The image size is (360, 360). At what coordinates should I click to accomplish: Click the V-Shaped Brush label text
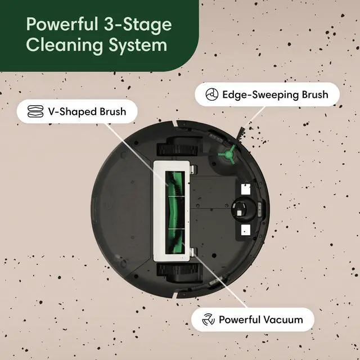87,111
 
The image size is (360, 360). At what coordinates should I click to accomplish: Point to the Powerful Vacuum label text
260,319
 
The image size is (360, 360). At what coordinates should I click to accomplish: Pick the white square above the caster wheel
244,190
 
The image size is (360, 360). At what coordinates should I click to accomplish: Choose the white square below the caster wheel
244,229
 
